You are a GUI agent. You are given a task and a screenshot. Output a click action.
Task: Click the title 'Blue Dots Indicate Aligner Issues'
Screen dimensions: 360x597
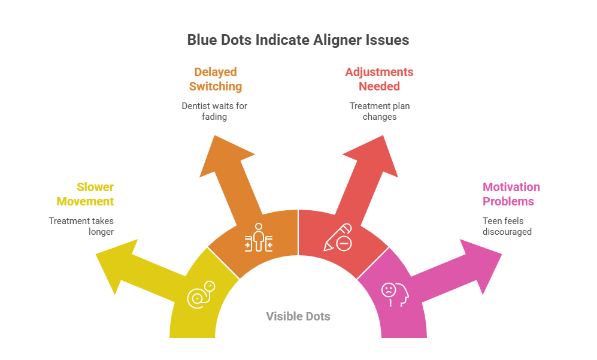(298, 40)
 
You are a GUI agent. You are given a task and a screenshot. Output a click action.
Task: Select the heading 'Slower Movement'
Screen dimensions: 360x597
(95, 194)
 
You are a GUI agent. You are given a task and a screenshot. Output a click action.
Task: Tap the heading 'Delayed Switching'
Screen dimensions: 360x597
(215, 79)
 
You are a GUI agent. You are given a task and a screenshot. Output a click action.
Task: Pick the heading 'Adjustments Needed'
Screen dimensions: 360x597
(379, 79)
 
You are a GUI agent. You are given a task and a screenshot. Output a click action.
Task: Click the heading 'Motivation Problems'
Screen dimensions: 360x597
(511, 194)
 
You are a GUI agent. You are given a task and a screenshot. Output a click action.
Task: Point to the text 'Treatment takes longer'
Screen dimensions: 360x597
(81, 226)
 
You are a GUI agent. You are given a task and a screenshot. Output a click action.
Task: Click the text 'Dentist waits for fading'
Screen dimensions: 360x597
(214, 111)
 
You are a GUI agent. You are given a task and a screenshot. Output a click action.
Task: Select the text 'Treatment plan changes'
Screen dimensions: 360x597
(380, 111)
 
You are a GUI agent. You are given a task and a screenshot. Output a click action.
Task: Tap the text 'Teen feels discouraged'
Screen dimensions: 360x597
(507, 226)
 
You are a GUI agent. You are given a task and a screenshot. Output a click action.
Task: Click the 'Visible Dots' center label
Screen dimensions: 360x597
(298, 316)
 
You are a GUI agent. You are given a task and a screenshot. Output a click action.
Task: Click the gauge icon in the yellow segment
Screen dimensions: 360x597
(201, 294)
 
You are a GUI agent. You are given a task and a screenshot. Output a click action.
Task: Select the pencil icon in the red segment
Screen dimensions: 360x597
(338, 238)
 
